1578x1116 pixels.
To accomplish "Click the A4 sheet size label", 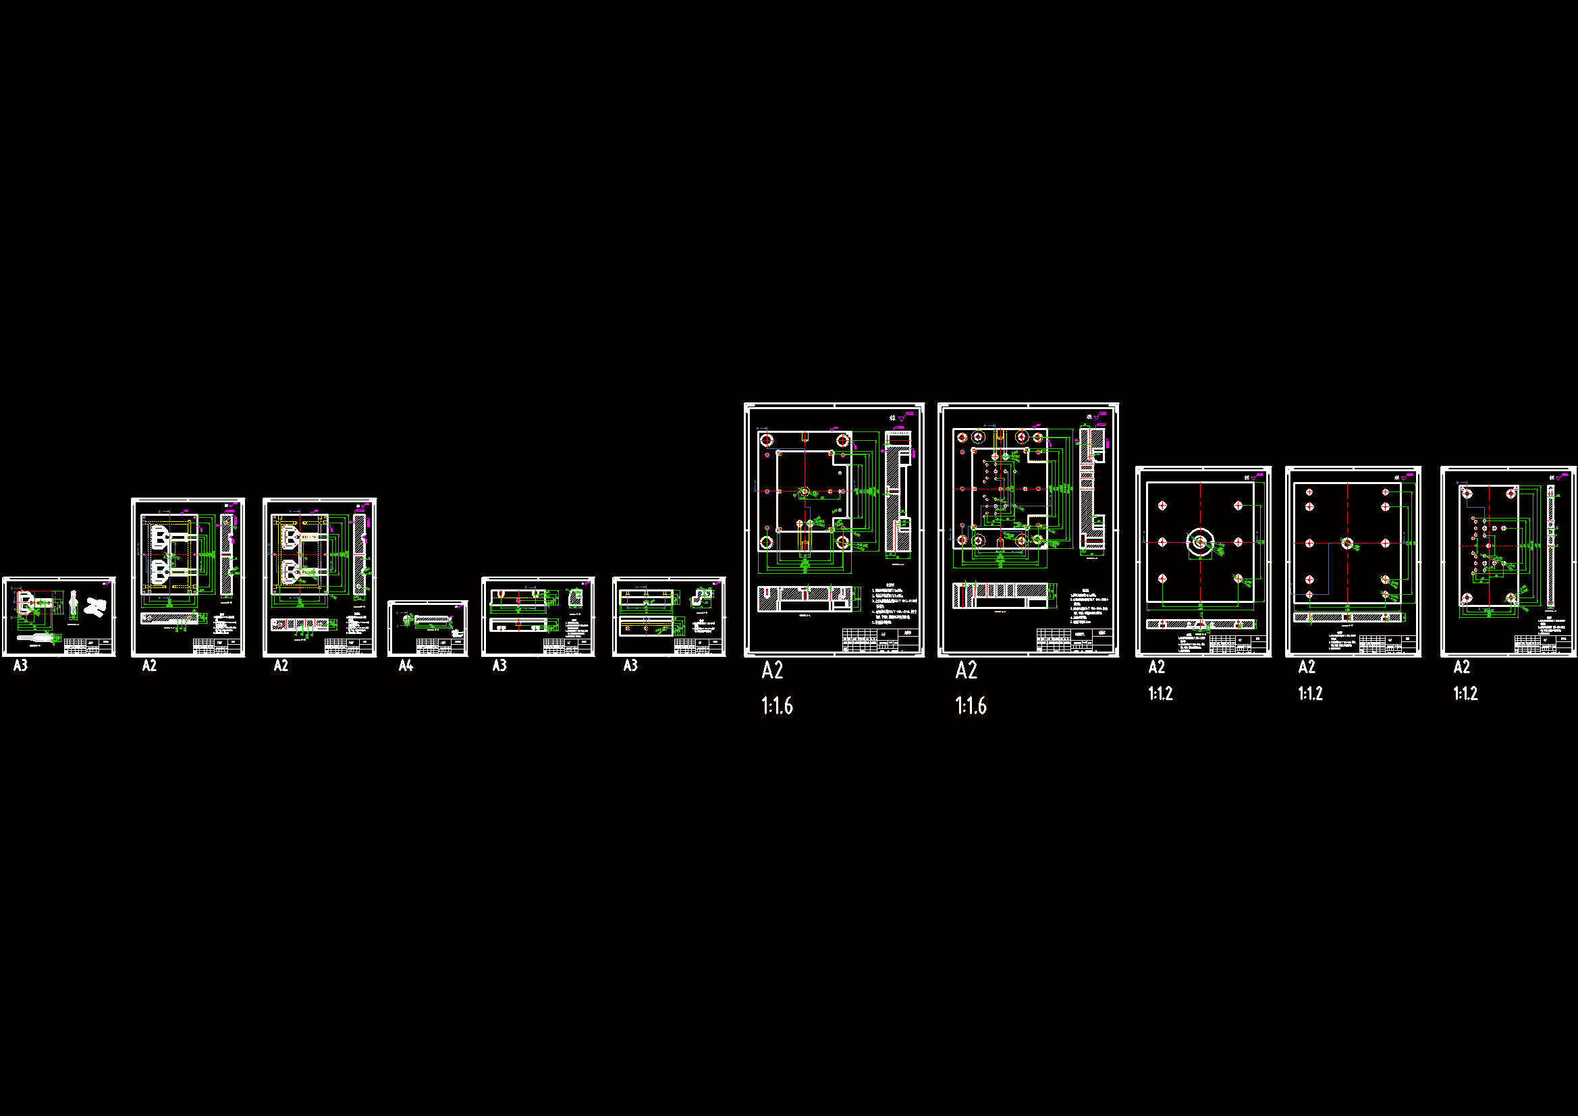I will point(406,666).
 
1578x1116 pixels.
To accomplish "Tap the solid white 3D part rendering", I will point(96,607).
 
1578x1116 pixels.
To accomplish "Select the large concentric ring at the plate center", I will point(1200,543).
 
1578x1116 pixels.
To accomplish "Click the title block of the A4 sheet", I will point(440,646).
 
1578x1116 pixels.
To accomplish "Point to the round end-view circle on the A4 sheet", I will point(406,619).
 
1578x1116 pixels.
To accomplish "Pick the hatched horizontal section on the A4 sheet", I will point(431,620).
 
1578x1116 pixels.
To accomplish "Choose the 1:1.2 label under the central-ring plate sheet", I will point(1160,694).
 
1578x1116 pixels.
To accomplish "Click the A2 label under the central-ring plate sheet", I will point(1156,667).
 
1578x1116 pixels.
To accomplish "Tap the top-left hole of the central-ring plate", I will point(1162,506).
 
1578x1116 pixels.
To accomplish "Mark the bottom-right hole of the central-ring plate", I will point(1238,579).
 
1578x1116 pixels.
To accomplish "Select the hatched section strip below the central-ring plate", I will point(1200,625).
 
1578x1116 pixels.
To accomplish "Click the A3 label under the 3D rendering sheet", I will point(21,666).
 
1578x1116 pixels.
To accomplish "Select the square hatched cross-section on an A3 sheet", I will point(575,597).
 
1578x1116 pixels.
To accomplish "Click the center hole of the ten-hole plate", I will point(1347,544).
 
